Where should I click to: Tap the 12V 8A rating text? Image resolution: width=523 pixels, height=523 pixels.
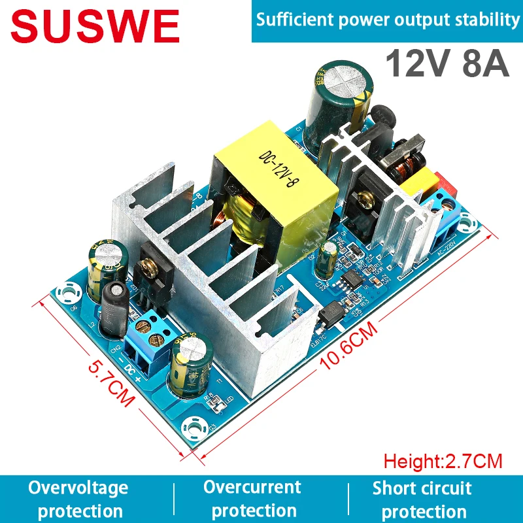tap(447, 66)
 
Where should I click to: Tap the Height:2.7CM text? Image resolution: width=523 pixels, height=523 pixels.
tap(443, 462)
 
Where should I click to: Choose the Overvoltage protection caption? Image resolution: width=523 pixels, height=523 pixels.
tap(78, 499)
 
